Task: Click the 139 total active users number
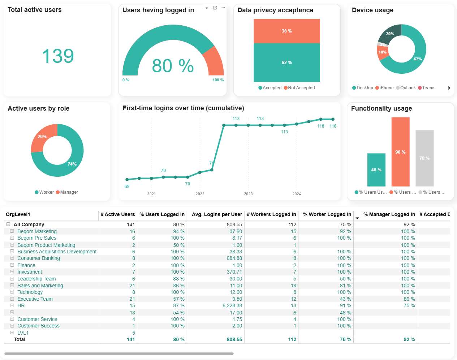click(58, 56)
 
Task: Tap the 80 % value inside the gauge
click(173, 66)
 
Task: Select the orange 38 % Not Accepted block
click(287, 31)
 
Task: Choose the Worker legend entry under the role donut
click(44, 192)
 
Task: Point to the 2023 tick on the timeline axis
click(248, 194)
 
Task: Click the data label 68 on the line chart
click(127, 187)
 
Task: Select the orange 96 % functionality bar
click(400, 152)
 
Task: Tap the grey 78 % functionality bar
click(424, 158)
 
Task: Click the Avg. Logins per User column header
click(217, 214)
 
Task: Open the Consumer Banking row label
click(39, 258)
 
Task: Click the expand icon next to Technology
click(12, 292)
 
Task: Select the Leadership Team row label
click(36, 279)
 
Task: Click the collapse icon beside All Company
click(8, 224)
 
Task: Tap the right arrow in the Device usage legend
click(449, 88)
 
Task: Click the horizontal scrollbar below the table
click(119, 353)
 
